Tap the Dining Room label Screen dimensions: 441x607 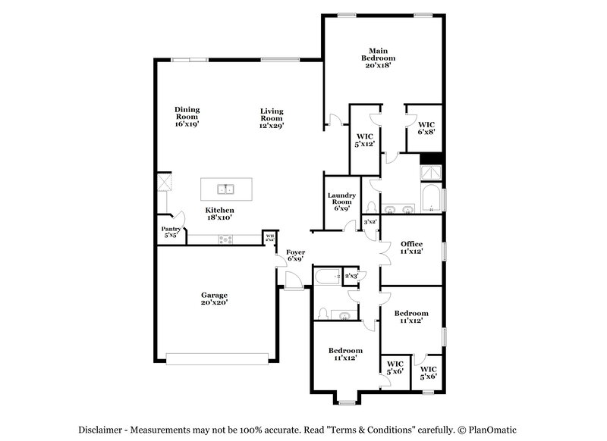pos(187,116)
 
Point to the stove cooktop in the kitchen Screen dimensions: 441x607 pos(226,239)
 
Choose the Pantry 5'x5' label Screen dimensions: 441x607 pos(170,232)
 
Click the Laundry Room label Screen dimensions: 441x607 pos(341,202)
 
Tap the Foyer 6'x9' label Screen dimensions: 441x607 pos(295,255)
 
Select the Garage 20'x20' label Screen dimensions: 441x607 pos(214,299)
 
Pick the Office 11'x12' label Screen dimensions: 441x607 pos(412,247)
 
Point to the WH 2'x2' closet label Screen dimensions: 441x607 pos(269,237)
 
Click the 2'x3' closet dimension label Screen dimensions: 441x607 pos(351,277)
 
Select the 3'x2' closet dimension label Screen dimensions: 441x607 pos(370,222)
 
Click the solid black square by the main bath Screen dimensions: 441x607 pos(431,158)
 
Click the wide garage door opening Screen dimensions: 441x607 pos(217,358)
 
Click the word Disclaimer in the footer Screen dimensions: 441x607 pos(112,430)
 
